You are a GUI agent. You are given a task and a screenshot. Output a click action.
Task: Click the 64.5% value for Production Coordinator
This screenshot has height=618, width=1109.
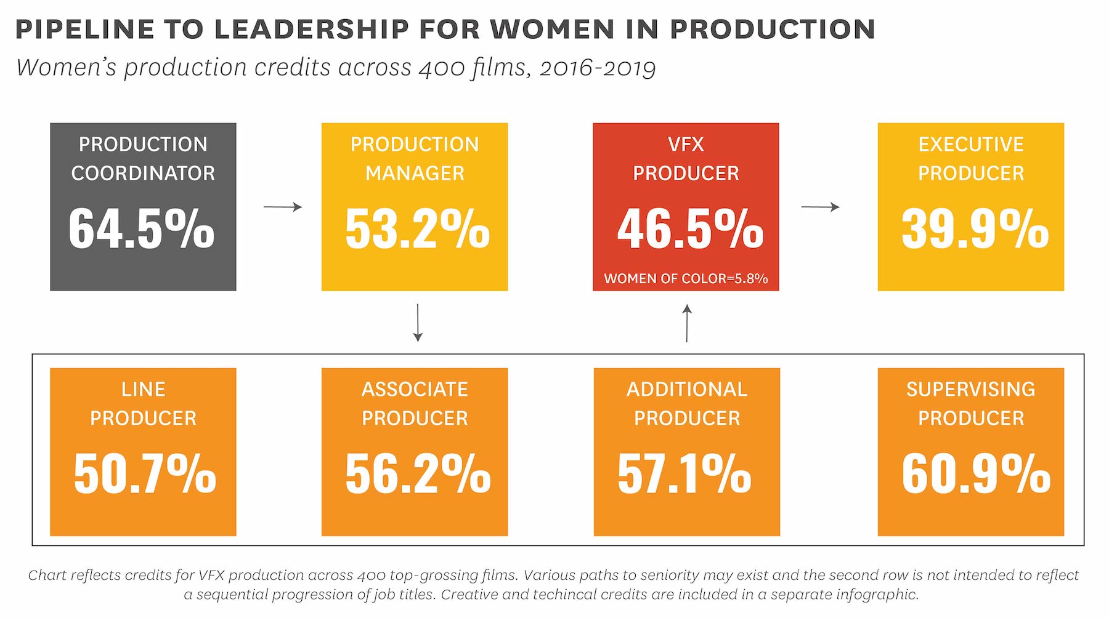click(x=142, y=229)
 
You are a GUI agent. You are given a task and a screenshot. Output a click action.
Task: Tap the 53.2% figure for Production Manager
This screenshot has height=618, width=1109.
click(x=417, y=229)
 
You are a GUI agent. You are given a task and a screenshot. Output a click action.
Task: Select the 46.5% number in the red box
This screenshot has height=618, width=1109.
click(x=690, y=229)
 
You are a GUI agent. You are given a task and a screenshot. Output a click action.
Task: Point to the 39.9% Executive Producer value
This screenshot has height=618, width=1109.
click(x=975, y=229)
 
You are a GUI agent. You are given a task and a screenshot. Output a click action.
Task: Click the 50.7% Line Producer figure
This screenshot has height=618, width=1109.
click(x=145, y=474)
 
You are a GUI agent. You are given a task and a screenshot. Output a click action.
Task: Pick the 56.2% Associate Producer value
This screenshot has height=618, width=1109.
click(x=418, y=474)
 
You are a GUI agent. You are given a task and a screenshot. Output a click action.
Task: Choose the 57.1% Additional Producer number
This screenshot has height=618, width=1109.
click(x=684, y=474)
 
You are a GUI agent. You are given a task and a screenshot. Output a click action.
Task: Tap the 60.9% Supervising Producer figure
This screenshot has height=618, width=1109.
click(x=976, y=474)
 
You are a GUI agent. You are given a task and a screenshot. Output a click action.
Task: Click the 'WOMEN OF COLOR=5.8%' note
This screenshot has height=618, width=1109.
click(x=686, y=279)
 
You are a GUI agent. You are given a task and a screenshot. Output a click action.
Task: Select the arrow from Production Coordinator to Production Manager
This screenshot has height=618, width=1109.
click(x=283, y=207)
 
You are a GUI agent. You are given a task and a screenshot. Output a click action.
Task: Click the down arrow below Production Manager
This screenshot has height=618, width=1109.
click(x=418, y=323)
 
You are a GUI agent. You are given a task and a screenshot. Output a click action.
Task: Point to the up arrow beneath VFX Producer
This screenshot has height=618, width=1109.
click(x=687, y=323)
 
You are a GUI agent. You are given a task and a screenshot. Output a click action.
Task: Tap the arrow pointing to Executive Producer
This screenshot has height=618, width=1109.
click(x=820, y=207)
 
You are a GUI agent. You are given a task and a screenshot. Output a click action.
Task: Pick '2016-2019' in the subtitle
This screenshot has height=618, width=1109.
click(x=597, y=68)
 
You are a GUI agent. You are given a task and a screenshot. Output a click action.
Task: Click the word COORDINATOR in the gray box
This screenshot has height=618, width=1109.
click(x=143, y=174)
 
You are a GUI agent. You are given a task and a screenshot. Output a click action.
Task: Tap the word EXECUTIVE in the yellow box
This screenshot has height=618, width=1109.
click(x=971, y=145)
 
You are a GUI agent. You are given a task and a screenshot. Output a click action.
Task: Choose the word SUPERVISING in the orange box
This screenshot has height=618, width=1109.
click(x=971, y=390)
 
